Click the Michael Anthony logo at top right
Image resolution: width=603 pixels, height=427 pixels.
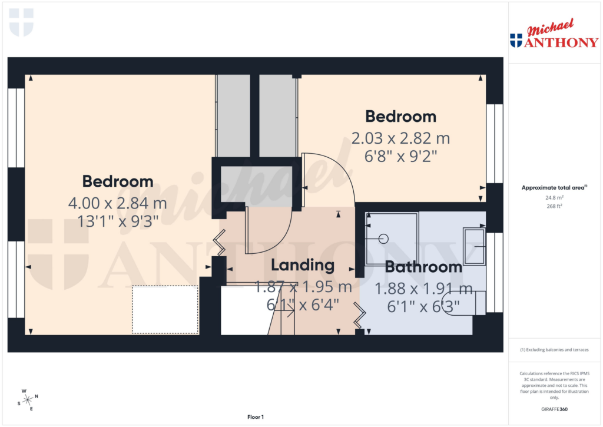554,35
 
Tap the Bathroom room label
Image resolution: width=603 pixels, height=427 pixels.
423,267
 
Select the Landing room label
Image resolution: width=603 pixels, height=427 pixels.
303,265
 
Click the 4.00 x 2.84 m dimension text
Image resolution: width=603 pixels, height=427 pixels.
118,204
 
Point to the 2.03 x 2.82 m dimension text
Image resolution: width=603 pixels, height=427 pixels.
400,138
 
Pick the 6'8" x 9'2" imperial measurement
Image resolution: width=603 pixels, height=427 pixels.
400,157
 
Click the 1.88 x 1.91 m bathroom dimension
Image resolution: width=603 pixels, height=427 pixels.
424,289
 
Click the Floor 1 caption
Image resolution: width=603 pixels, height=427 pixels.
255,418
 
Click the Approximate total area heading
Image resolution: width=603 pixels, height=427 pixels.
554,188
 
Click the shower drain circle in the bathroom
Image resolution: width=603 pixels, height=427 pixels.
383,239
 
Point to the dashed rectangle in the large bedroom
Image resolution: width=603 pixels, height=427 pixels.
165,310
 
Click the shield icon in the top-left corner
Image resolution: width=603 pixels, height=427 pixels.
21,22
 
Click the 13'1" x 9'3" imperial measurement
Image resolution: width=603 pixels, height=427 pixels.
118,222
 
